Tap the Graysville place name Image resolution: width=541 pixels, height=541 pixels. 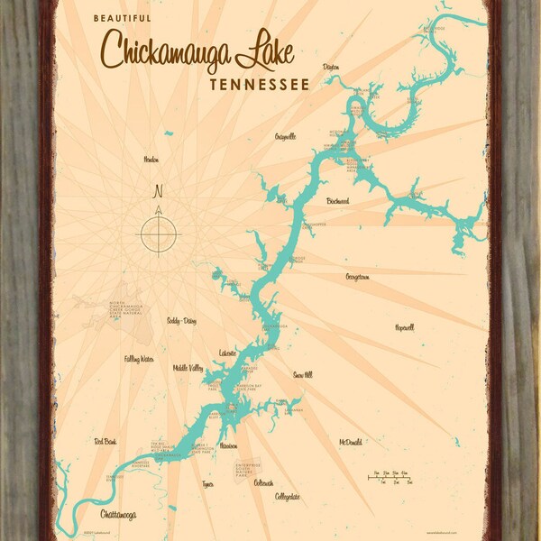point(287,137)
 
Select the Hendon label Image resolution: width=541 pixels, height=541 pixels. point(151,160)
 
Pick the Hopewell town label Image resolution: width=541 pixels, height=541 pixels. point(404,327)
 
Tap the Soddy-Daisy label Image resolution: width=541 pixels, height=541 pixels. point(180,320)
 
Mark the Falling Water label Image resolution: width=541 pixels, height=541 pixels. point(139,359)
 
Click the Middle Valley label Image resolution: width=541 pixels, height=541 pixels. point(188,368)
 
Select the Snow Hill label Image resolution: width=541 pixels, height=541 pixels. point(303,373)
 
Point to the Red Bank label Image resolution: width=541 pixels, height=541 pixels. point(105,441)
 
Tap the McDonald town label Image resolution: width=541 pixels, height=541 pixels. point(352,442)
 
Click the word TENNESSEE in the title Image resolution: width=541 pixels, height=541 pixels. point(259,85)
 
